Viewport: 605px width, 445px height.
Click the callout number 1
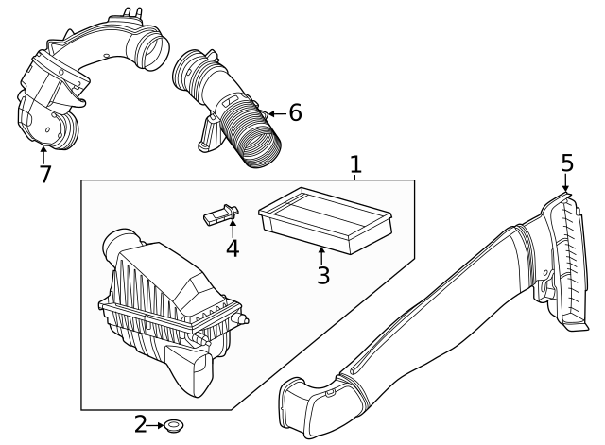(x=355, y=165)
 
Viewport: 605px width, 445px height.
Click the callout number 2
(x=141, y=425)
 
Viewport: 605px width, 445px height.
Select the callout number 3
(x=322, y=276)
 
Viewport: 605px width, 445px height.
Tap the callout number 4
(x=232, y=249)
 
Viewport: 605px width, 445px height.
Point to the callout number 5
(x=566, y=163)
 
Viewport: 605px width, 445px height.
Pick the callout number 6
(x=295, y=113)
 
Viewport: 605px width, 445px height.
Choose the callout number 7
(x=43, y=175)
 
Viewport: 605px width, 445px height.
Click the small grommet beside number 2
(x=175, y=426)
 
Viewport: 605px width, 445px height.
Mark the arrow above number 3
(x=322, y=253)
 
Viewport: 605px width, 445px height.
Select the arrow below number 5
(x=566, y=185)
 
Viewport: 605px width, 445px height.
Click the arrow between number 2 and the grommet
(x=157, y=426)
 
